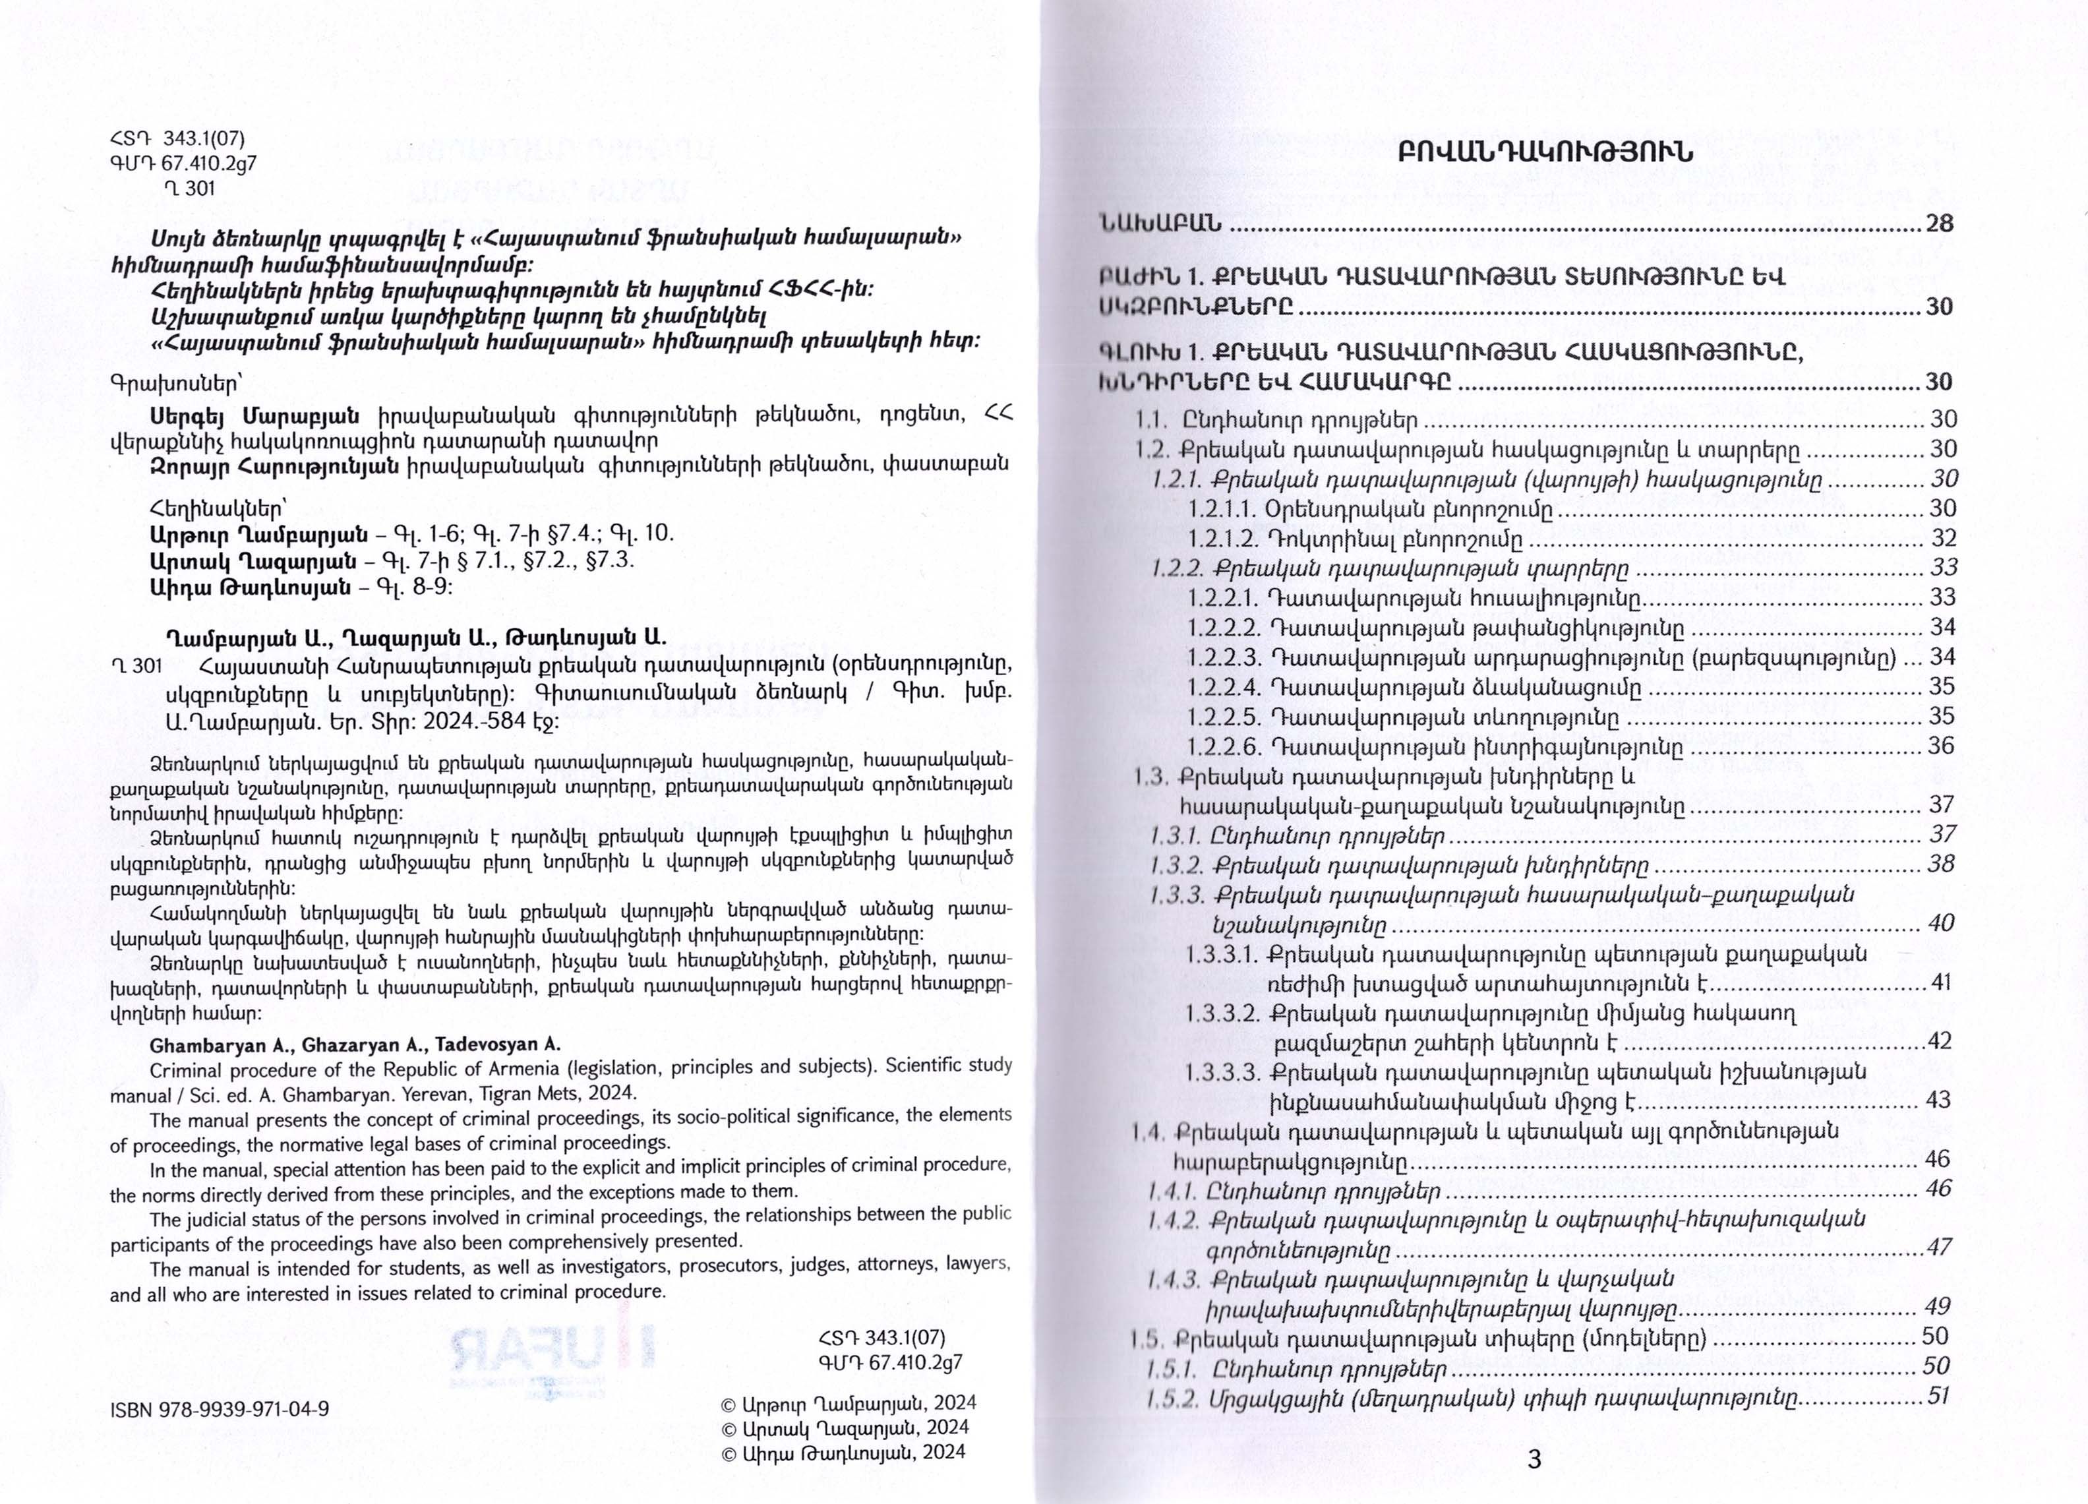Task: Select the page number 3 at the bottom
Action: tap(1534, 1460)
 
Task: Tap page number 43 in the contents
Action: tap(1938, 1100)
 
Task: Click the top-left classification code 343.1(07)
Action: tap(204, 140)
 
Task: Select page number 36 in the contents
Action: tap(1940, 746)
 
